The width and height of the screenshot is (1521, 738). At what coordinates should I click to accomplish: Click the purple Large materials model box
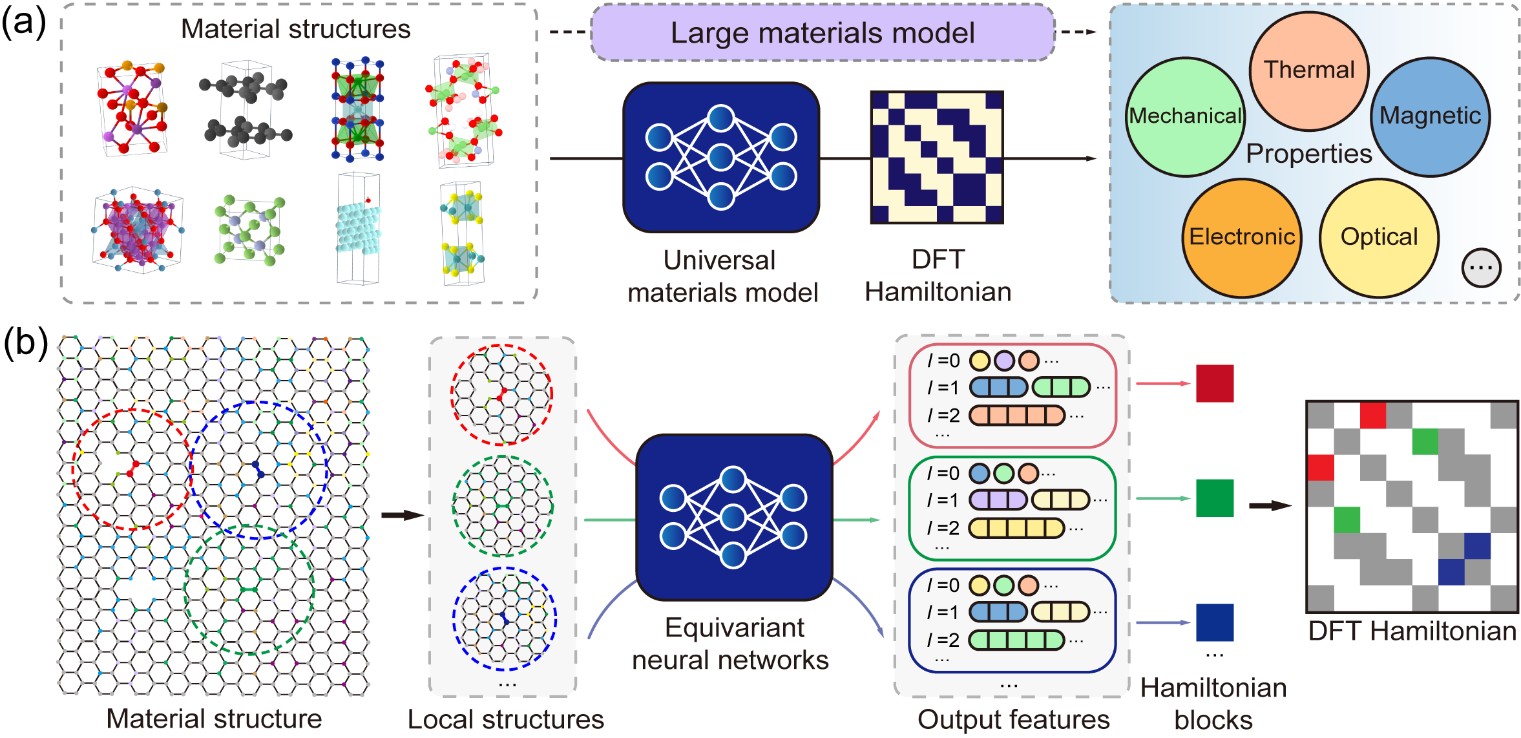tap(822, 33)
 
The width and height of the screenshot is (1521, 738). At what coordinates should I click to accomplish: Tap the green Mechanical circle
tap(1185, 117)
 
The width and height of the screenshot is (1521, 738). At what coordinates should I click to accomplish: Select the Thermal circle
tap(1308, 70)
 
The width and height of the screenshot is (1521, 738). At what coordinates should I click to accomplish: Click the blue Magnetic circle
tap(1430, 116)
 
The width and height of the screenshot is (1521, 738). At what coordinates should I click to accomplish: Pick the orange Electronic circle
tap(1242, 237)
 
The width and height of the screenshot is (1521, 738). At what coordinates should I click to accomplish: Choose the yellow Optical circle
tap(1379, 237)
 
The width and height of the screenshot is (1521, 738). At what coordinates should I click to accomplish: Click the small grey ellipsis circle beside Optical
tap(1481, 268)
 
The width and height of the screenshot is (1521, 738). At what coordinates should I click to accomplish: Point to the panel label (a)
tap(23, 23)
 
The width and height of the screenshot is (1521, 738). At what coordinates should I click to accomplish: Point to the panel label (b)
tap(25, 343)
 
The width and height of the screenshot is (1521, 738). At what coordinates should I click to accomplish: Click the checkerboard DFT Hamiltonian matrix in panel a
tap(937, 157)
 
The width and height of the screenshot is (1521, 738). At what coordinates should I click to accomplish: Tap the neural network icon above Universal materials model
tap(721, 157)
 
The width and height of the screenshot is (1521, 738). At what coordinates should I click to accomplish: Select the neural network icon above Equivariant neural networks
tap(734, 517)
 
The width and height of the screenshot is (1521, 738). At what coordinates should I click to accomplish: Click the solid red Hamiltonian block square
tap(1215, 383)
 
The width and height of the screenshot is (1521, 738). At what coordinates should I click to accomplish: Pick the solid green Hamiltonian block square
tap(1215, 498)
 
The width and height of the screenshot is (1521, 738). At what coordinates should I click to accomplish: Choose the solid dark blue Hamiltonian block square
tap(1215, 622)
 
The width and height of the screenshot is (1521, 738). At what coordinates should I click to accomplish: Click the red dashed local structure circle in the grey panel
tap(501, 394)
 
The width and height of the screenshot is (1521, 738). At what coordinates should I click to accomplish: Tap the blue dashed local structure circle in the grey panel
tap(504, 618)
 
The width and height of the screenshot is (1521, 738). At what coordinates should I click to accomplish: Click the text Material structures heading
tap(295, 29)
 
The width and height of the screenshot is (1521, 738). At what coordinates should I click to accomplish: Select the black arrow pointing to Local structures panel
tap(402, 515)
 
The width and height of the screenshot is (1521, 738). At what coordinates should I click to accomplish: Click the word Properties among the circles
tap(1308, 154)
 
